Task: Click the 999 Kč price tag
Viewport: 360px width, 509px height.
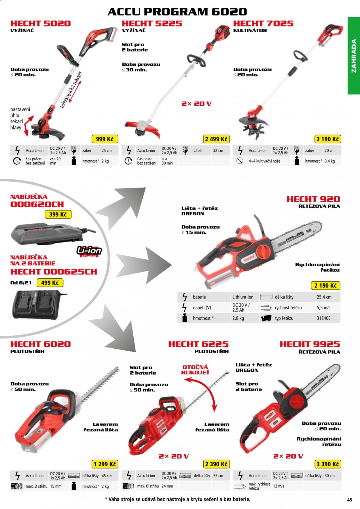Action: tap(105, 139)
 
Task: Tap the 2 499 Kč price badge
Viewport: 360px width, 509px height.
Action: tap(216, 139)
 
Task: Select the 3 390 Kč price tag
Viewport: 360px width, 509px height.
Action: tap(328, 464)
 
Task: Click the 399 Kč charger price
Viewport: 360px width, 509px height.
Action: tap(58, 214)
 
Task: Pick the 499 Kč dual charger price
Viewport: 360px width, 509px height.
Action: tap(50, 283)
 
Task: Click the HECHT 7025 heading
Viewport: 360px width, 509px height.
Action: tap(263, 23)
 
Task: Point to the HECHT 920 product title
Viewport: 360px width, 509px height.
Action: tap(313, 199)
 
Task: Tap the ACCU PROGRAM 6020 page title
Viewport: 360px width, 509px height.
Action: tap(177, 12)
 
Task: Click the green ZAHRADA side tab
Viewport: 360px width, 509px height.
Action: tap(354, 56)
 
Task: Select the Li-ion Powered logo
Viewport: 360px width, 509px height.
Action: tap(89, 251)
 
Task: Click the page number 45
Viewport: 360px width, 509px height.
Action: tap(350, 500)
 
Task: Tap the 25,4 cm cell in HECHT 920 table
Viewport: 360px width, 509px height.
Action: tap(324, 297)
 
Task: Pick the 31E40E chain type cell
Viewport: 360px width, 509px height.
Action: tap(324, 318)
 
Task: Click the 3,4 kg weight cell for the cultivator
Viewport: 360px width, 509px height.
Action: tap(330, 161)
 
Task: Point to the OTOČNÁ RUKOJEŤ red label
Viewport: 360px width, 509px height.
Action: tap(195, 370)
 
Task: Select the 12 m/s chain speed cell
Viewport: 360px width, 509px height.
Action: tap(278, 486)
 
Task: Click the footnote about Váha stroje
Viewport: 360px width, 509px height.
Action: tap(178, 499)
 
